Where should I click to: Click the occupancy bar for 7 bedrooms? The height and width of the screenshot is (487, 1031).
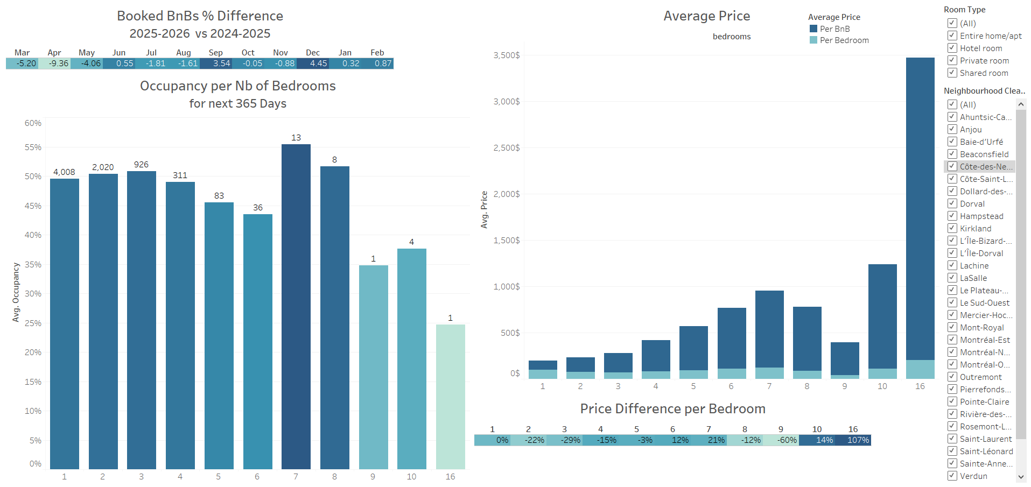tap(296, 307)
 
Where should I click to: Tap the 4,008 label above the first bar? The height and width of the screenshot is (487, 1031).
tap(64, 172)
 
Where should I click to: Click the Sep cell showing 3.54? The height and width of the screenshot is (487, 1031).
tap(216, 63)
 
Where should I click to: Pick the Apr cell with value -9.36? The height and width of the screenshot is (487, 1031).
tap(54, 63)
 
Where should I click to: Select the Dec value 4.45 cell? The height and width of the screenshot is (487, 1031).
tap(313, 63)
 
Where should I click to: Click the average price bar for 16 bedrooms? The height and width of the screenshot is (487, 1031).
tap(920, 210)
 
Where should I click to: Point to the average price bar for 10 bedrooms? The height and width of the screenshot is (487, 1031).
tap(882, 317)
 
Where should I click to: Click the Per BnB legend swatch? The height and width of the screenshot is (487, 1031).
tap(813, 29)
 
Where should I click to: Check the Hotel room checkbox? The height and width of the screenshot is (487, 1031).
tap(952, 48)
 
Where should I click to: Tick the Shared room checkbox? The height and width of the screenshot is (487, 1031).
tap(952, 73)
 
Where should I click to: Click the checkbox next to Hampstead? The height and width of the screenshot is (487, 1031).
tap(952, 216)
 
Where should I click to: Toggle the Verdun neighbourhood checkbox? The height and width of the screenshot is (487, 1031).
tap(952, 476)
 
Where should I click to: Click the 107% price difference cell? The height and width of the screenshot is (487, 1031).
tap(853, 440)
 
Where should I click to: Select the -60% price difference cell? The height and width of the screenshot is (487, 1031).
tap(781, 440)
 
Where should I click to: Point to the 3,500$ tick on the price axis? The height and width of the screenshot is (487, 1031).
tap(507, 55)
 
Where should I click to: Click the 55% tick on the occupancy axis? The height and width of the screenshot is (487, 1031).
tap(33, 147)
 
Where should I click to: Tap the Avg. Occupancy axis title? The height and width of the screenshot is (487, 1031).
tap(16, 292)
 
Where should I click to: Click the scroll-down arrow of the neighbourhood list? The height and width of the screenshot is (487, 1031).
tap(1021, 477)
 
